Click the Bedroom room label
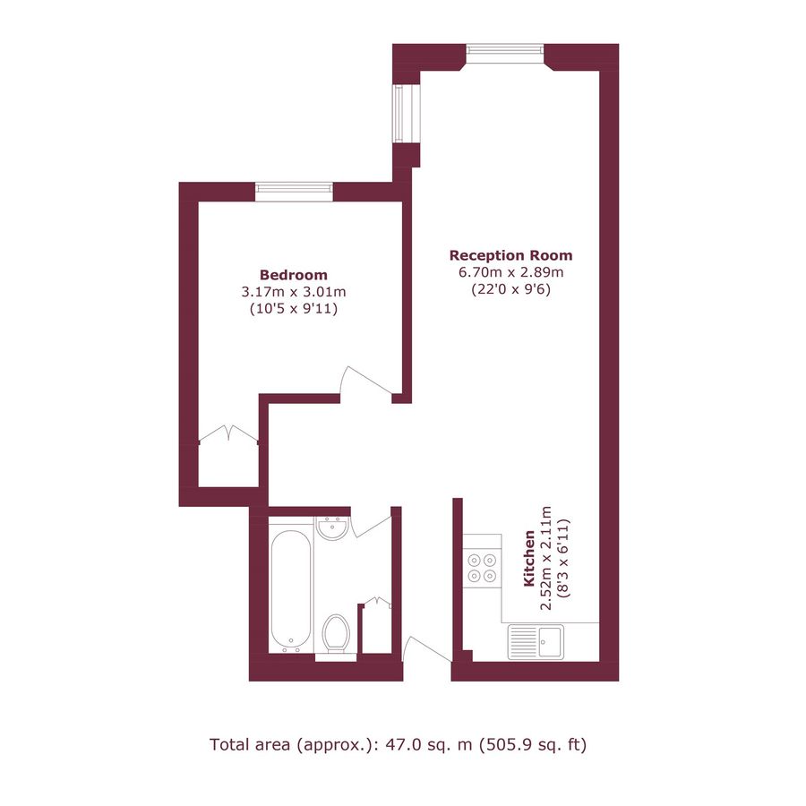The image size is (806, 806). tap(293, 275)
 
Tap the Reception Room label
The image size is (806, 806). tap(510, 254)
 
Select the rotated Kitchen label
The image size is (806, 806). tap(529, 559)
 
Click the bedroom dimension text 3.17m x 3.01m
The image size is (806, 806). tap(293, 292)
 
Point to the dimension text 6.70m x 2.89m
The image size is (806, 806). tap(510, 272)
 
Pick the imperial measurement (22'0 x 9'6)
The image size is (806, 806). tap(510, 289)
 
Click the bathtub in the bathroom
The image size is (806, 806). tap(292, 589)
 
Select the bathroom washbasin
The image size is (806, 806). tap(333, 529)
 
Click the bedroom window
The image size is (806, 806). tap(294, 191)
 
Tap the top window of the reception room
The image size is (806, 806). tap(504, 53)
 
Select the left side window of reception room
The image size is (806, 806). tap(402, 112)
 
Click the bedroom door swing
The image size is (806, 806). tap(367, 383)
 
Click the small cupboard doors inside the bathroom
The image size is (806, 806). tap(377, 604)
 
